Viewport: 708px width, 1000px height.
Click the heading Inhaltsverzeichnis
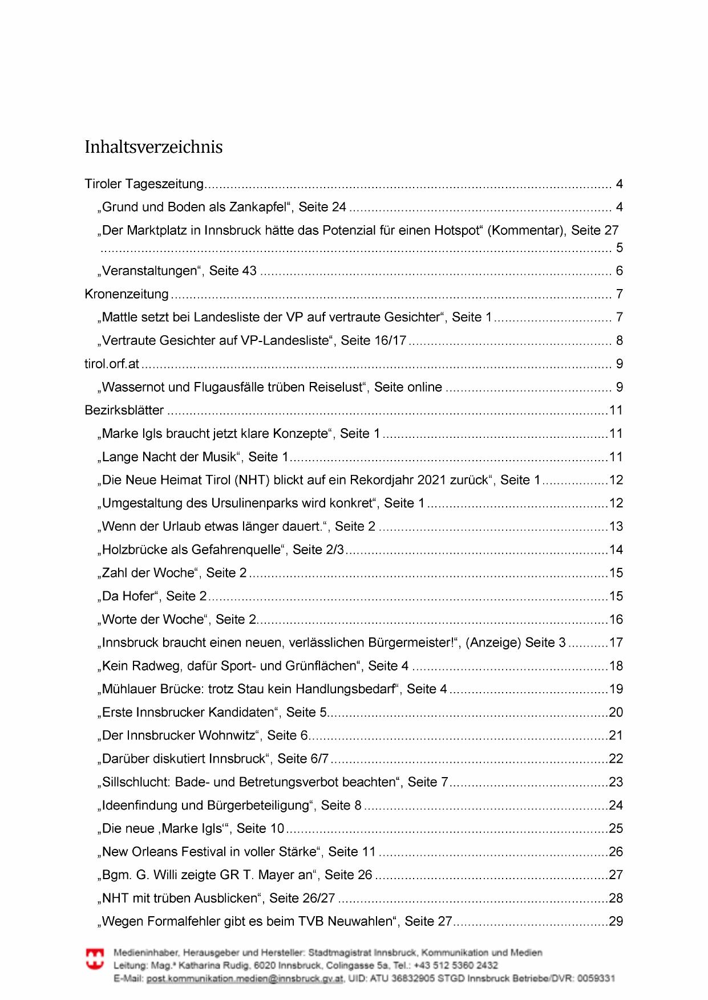coord(153,147)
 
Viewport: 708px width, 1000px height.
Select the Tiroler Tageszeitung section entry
coord(144,184)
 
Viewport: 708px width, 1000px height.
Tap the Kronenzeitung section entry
coord(127,294)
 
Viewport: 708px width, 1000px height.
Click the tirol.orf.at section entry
coord(112,364)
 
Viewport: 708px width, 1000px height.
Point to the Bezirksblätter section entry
coord(124,410)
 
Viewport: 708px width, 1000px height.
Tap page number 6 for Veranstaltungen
coord(619,271)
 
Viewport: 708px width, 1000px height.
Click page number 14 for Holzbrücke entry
coord(616,550)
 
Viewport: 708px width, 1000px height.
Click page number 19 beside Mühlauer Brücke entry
coord(616,689)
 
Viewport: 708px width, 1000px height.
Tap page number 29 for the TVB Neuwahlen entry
coord(616,921)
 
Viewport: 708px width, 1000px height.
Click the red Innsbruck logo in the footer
coord(95,958)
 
